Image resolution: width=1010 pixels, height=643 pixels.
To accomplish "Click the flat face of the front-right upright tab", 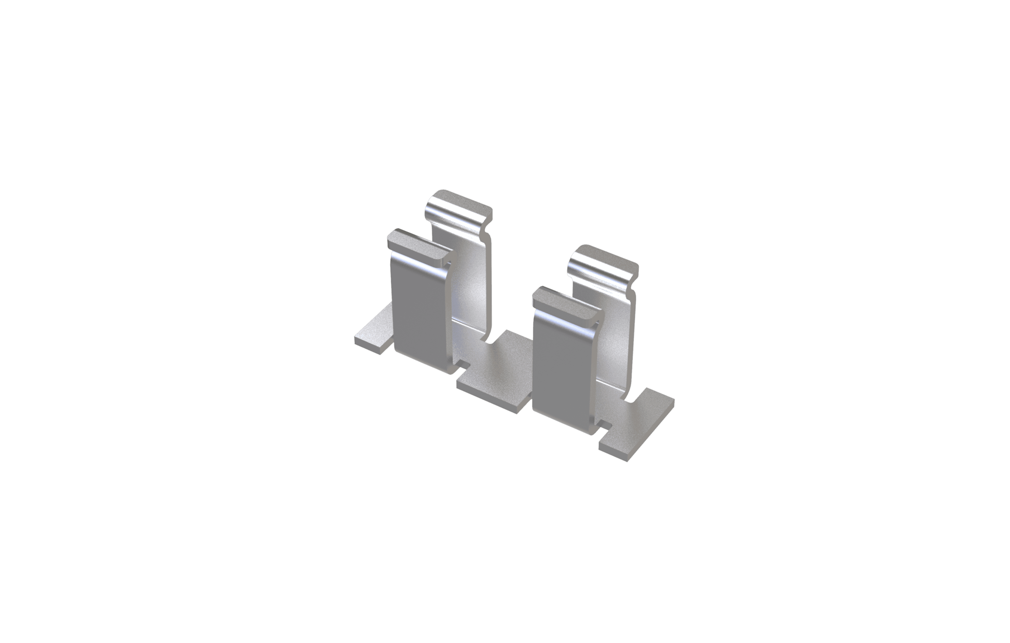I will point(564,373).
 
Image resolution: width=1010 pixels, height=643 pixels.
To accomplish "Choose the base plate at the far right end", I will point(638,423).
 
